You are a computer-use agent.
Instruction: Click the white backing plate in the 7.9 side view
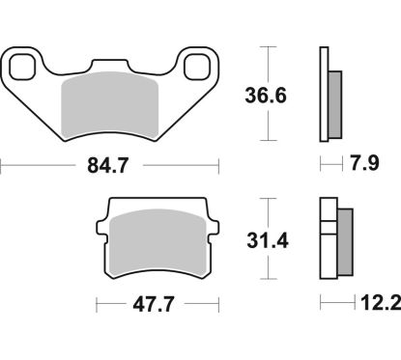(323, 96)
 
